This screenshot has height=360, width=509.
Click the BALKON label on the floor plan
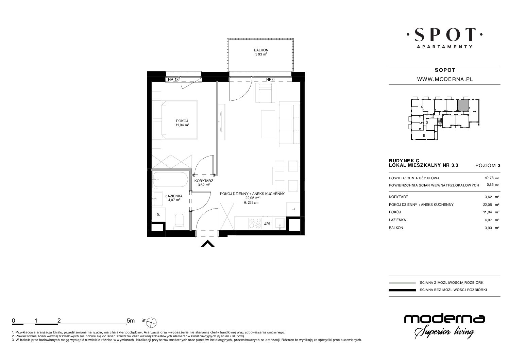(x=261, y=50)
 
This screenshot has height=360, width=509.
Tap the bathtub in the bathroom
(x=170, y=179)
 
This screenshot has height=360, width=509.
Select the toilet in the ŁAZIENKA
(x=180, y=220)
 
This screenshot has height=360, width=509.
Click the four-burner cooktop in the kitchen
(x=255, y=223)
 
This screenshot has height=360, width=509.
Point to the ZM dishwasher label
(x=267, y=223)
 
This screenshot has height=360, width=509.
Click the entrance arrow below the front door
(x=208, y=244)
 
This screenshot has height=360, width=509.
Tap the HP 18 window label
(x=173, y=80)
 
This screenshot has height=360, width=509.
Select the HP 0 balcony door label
(x=270, y=80)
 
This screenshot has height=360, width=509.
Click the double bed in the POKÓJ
(x=175, y=120)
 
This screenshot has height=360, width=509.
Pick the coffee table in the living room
(x=268, y=124)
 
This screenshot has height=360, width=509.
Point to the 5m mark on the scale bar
(x=131, y=321)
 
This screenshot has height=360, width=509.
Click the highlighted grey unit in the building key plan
(x=463, y=105)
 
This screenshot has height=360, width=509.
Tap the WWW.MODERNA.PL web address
(x=445, y=79)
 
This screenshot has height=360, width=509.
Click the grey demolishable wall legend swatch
(x=402, y=283)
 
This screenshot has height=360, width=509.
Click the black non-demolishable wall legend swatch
(x=402, y=290)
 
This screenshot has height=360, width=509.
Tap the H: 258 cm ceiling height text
(x=251, y=202)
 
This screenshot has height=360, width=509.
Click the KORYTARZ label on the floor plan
(x=204, y=181)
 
